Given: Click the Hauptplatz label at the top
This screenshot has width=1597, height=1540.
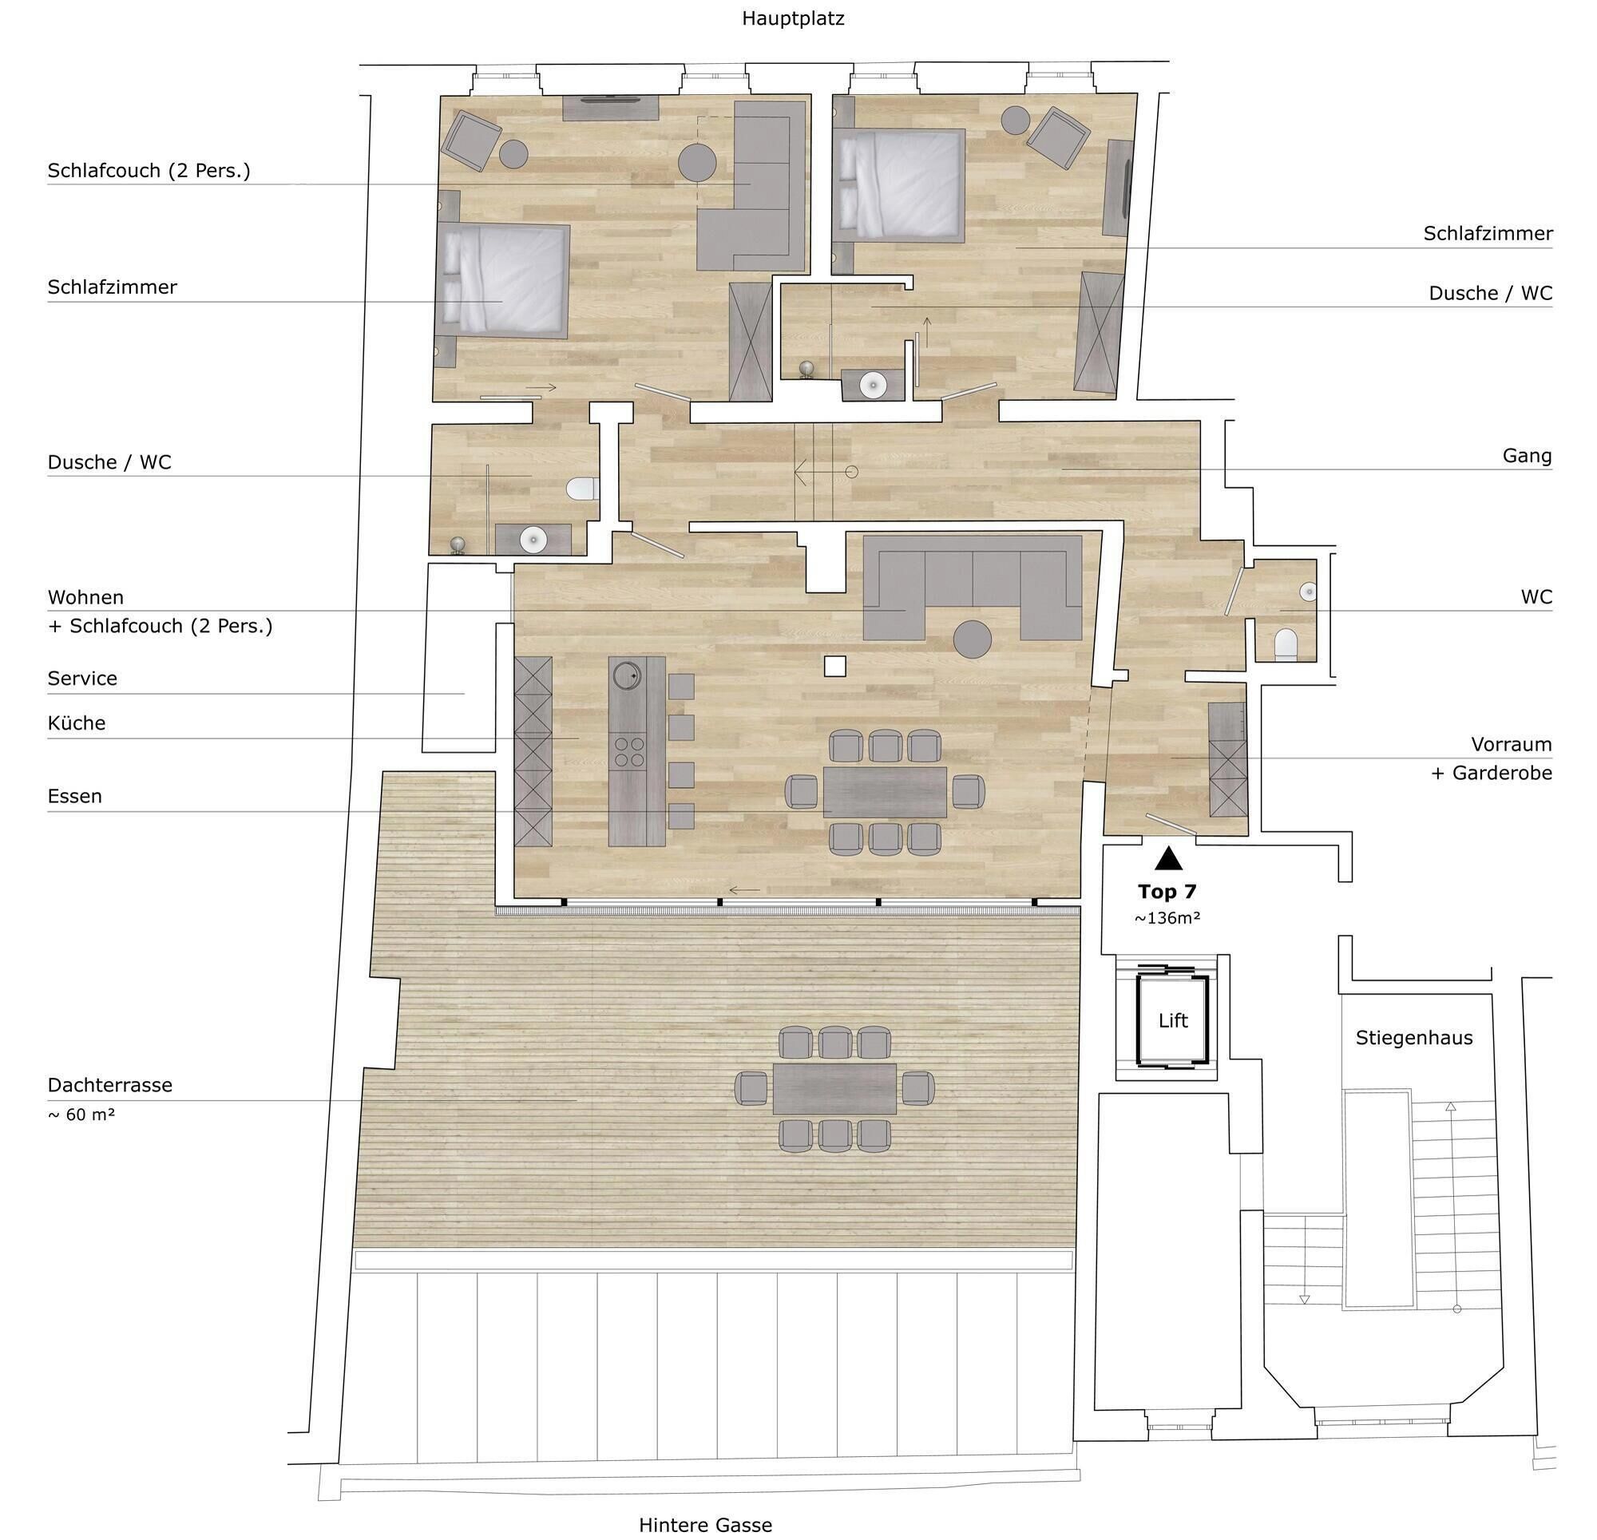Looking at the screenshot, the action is [x=793, y=18].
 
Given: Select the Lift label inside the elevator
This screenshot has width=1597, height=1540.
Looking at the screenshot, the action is [x=1173, y=1020].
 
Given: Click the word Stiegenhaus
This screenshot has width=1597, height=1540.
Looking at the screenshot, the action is [x=1413, y=1038].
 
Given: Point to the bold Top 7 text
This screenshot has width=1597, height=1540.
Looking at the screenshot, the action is [x=1167, y=891].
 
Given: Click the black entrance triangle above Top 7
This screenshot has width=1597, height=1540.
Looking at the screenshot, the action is [x=1168, y=858].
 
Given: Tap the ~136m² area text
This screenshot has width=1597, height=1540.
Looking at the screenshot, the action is [x=1167, y=918].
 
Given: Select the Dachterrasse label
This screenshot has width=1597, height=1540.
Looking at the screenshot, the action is [x=110, y=1084].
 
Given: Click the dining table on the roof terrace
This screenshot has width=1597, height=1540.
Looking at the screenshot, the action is [x=834, y=1089].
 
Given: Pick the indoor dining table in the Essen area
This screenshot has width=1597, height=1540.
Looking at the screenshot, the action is [x=885, y=791].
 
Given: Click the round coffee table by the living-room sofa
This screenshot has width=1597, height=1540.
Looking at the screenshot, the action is [x=973, y=639].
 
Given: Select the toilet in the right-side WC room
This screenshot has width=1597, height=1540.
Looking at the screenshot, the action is [x=1286, y=643].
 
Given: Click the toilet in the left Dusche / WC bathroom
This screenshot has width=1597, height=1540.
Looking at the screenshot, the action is [x=582, y=489].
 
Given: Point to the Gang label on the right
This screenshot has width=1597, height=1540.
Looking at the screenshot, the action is [x=1527, y=456].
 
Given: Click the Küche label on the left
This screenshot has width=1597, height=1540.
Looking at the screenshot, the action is [x=77, y=722].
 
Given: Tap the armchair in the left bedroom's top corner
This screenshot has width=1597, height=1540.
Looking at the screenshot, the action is [x=471, y=140].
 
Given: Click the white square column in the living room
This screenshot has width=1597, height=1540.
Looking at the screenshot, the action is [x=834, y=666].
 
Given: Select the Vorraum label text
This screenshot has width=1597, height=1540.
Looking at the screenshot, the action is [x=1512, y=744].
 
